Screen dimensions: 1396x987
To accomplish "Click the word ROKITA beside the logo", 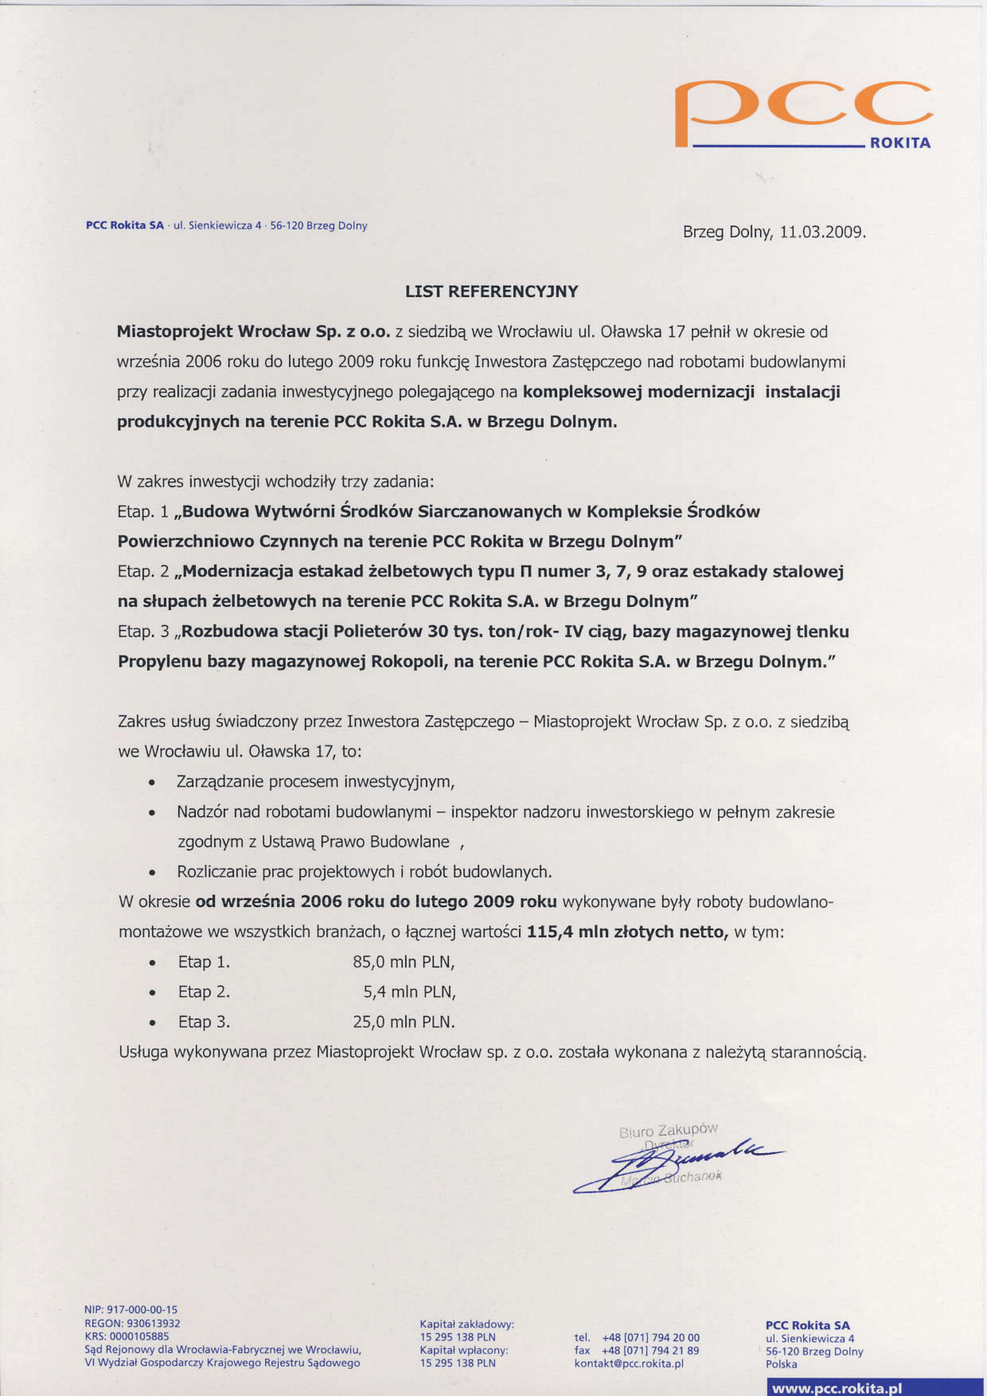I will [x=899, y=143].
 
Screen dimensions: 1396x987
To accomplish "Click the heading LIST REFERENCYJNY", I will [x=492, y=292].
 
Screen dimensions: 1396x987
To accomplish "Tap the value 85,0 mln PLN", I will [x=403, y=963].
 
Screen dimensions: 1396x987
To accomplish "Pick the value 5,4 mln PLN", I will [x=409, y=992].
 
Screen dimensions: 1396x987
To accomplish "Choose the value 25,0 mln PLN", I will [x=403, y=1022].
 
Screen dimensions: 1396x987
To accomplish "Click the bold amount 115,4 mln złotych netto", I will [x=627, y=932].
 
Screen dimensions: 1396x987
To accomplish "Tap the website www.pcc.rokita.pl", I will [x=835, y=1384].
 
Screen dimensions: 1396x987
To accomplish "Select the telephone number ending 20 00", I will [x=650, y=1337].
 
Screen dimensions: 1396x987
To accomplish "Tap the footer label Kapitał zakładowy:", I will [x=467, y=1324].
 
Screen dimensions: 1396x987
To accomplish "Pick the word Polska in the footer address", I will [x=781, y=1364].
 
